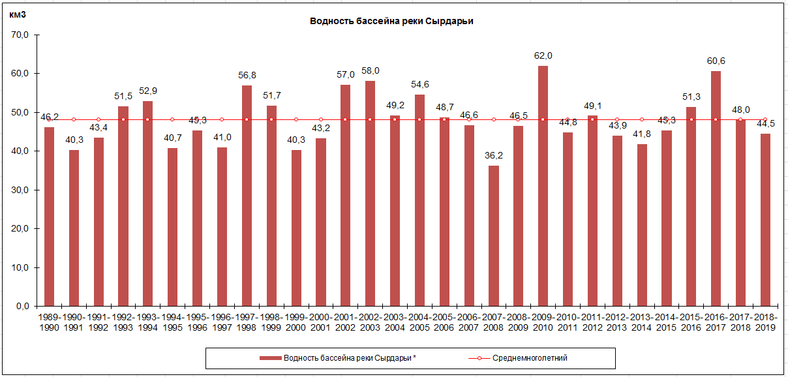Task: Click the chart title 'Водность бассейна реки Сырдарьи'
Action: click(x=391, y=21)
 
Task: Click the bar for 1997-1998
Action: click(x=247, y=196)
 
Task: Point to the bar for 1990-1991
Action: click(x=74, y=228)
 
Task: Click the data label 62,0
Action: click(x=543, y=56)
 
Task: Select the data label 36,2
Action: click(x=493, y=156)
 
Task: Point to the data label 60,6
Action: click(x=716, y=61)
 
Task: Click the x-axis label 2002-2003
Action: click(x=370, y=322)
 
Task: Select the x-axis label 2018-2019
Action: click(x=765, y=322)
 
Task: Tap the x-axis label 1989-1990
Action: click(x=49, y=322)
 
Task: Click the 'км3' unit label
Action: click(x=18, y=14)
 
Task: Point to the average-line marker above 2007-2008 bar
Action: click(x=493, y=119)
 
